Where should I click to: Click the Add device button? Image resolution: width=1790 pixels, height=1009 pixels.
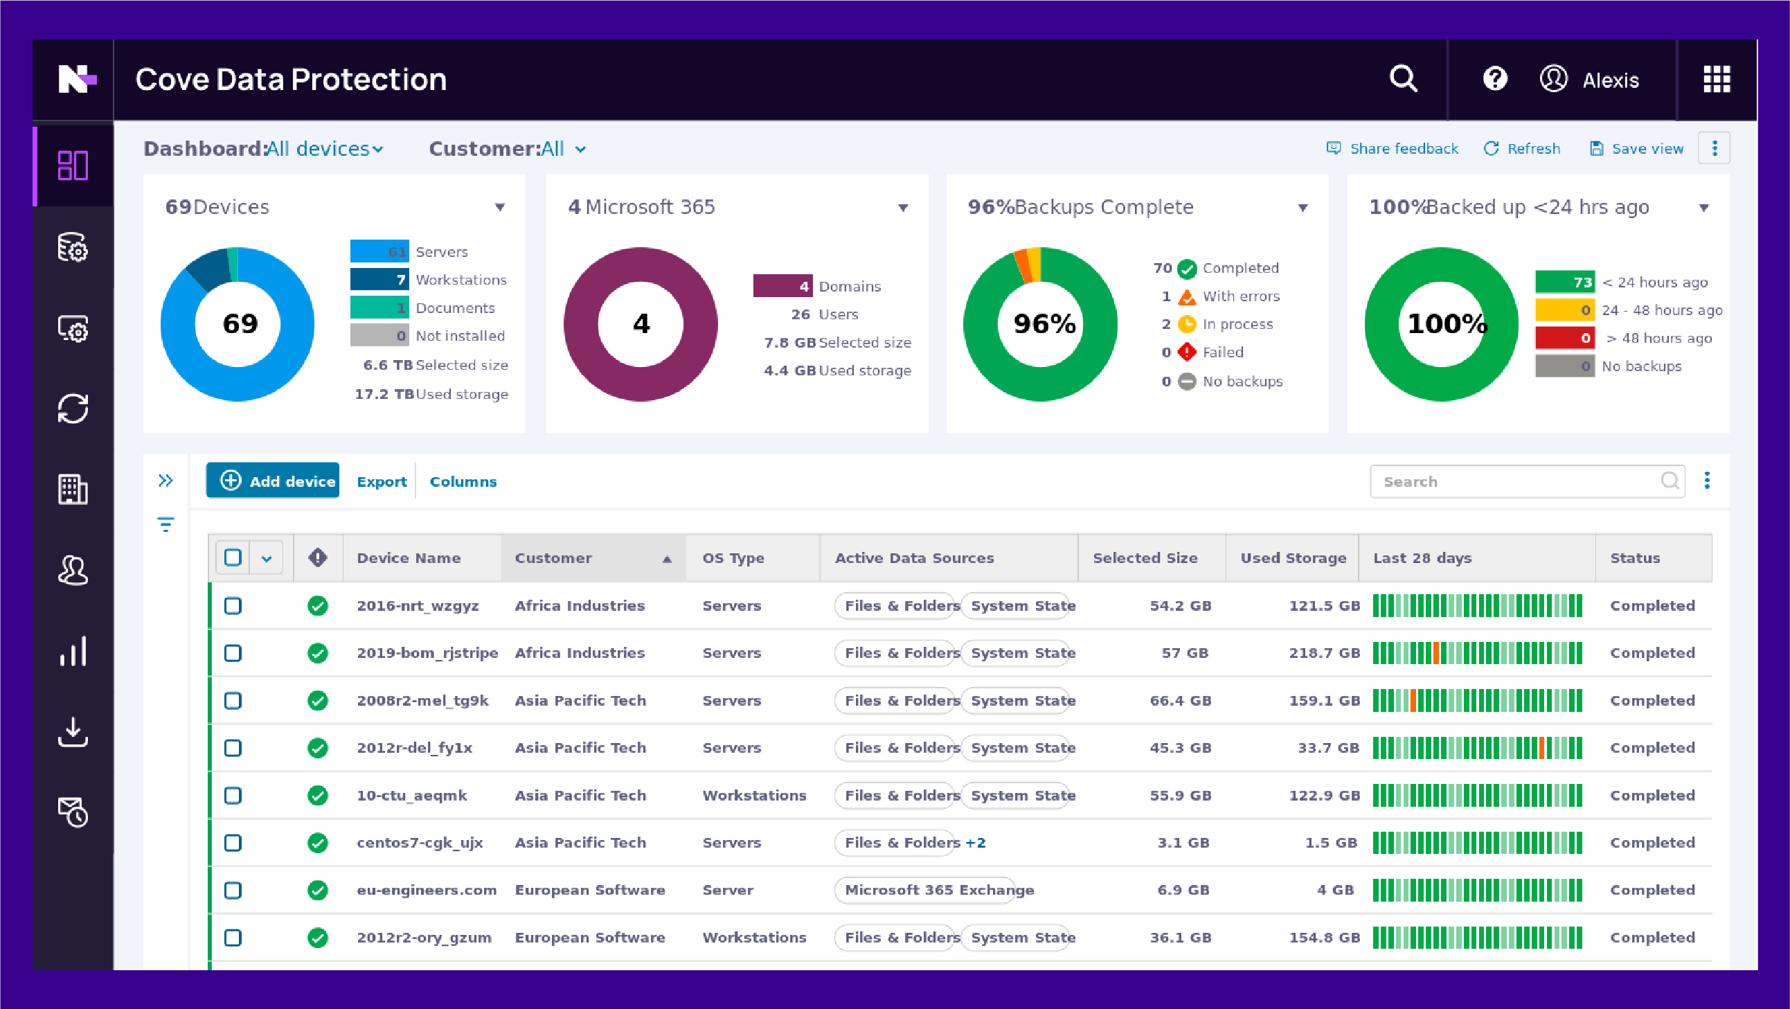point(272,481)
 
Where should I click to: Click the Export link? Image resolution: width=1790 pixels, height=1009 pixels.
point(382,481)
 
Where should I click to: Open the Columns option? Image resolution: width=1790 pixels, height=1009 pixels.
point(463,481)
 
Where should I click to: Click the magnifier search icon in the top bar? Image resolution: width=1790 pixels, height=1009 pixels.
point(1403,78)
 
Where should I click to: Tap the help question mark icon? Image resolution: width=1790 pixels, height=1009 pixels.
point(1495,78)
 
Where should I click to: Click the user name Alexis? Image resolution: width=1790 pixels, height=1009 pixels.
point(1610,80)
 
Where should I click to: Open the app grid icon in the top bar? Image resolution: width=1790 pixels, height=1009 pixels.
point(1717,79)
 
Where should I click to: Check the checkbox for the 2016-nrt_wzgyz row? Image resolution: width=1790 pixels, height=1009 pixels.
point(233,605)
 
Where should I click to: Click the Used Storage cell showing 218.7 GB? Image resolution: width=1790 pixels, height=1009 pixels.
point(1324,653)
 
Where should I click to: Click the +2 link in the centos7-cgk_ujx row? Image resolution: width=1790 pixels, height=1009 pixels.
point(976,843)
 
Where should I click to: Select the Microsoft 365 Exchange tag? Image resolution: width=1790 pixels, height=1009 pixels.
point(938,890)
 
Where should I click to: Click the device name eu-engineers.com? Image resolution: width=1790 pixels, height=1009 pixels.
point(426,890)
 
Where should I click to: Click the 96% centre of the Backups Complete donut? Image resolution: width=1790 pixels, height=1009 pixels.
point(1043,324)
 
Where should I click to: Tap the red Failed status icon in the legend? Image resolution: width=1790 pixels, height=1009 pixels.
point(1187,352)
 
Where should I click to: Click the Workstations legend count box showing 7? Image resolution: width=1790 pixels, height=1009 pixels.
point(379,279)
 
